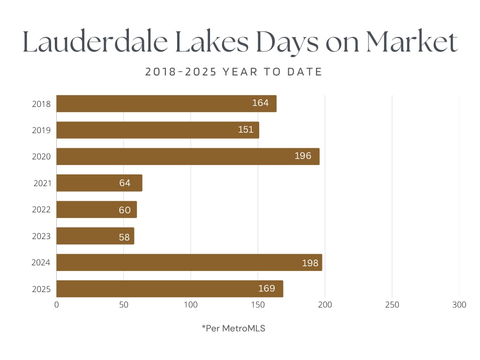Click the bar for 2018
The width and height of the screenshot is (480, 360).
tap(166, 104)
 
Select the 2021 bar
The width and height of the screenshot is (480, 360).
tap(99, 183)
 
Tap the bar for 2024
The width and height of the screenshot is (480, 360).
tap(189, 262)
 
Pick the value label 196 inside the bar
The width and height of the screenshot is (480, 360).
tap(303, 156)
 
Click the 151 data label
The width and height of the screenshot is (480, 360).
tap(246, 130)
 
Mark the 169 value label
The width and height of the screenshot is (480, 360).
tap(267, 289)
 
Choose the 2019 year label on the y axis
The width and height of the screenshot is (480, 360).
tap(41, 130)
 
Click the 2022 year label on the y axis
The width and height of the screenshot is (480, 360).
tap(41, 210)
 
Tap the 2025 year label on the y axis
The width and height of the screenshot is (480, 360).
tap(41, 289)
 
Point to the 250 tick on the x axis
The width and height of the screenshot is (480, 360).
tap(392, 305)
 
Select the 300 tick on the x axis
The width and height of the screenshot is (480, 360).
tap(459, 305)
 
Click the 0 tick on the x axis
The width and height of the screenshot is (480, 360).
tap(57, 305)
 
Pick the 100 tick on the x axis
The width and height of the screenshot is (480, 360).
tap(191, 305)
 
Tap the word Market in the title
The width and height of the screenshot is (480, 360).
tap(411, 43)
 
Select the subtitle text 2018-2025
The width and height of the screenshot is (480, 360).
tap(180, 72)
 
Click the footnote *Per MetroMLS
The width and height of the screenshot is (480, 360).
tap(233, 329)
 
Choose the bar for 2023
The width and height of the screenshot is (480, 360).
tap(95, 236)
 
